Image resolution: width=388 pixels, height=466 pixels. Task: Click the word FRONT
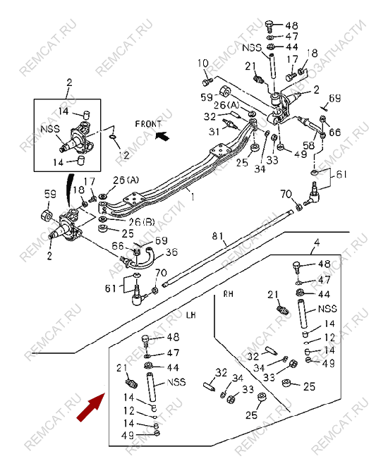pyautogui.click(x=149, y=123)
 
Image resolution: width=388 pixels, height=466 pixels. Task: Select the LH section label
pyautogui.click(x=190, y=316)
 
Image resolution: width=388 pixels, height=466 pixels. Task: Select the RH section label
pyautogui.click(x=228, y=292)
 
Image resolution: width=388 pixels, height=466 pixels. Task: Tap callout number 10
pyautogui.click(x=200, y=63)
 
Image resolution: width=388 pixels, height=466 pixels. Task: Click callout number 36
pyautogui.click(x=171, y=252)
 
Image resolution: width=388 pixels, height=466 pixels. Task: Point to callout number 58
pyautogui.click(x=308, y=145)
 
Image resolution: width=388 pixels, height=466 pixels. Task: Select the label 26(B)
pyautogui.click(x=138, y=221)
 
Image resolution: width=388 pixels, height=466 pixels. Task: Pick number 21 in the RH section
pyautogui.click(x=272, y=294)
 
